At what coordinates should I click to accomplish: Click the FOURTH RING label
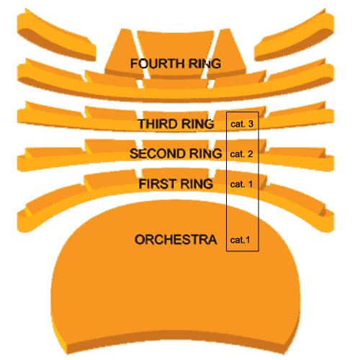(x=176, y=63)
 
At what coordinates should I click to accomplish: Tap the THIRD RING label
(x=176, y=124)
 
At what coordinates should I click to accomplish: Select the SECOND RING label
(x=176, y=153)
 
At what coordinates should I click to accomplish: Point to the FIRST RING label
(x=176, y=184)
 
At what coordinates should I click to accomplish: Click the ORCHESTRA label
(x=176, y=240)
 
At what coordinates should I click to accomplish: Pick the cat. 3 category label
(x=242, y=124)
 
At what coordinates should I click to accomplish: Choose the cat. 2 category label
(x=241, y=154)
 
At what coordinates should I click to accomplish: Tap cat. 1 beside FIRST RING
(x=241, y=184)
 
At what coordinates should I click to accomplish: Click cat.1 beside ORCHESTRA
(x=240, y=240)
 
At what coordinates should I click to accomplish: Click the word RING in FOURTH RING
(x=204, y=63)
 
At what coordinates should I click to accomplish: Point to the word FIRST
(x=158, y=184)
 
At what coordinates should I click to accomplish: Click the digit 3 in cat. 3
(x=251, y=124)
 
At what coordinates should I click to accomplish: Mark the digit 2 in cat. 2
(x=251, y=154)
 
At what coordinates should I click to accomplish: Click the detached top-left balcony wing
(x=56, y=36)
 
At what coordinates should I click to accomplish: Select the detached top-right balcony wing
(x=294, y=36)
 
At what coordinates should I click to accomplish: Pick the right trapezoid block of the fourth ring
(x=227, y=54)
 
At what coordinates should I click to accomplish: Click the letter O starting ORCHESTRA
(x=140, y=240)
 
